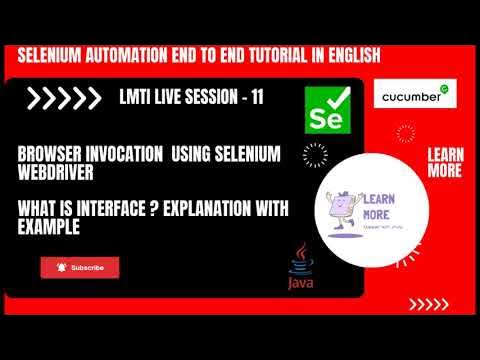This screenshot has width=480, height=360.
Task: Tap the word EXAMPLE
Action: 49,227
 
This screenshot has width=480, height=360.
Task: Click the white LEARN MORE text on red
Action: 444,163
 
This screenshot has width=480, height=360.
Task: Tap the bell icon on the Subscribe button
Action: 62,267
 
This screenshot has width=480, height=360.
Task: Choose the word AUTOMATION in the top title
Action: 138,56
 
